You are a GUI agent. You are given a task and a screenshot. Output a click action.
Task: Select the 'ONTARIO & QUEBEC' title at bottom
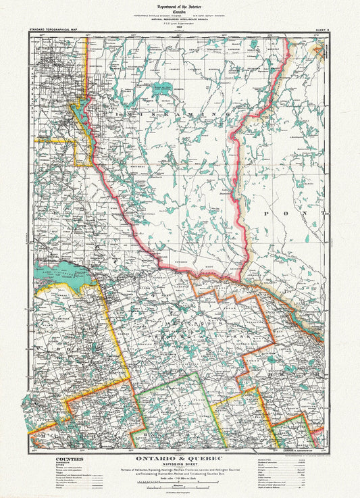coord(180,459)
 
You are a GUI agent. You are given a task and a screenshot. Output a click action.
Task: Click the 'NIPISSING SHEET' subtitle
coord(180,466)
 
